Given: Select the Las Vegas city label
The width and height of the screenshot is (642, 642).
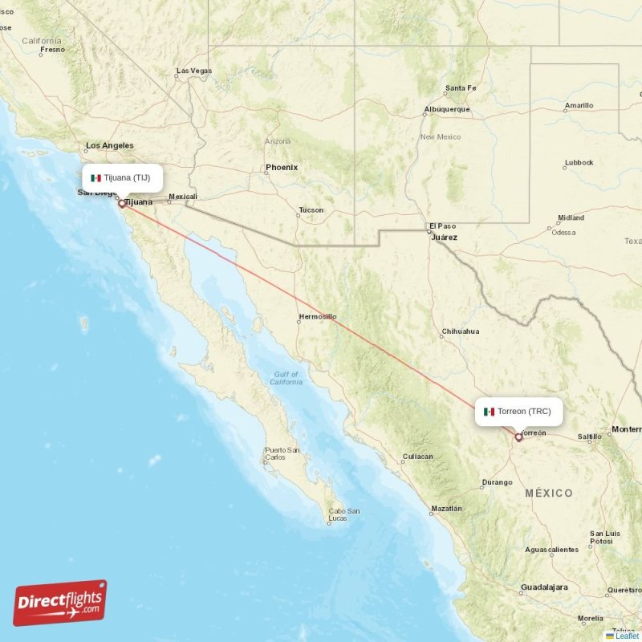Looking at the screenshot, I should coord(194,71).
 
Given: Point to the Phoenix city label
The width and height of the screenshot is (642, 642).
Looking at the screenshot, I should coord(282,168).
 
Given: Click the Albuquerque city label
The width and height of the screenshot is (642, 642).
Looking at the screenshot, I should coord(447,109).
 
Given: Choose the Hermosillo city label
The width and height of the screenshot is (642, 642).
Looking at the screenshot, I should coord(317,317).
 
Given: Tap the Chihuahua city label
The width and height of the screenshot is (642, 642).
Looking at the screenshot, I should coord(460,331).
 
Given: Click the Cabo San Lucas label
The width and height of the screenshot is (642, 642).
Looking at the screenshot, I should coord(343,515).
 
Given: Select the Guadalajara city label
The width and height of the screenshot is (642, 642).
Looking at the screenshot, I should coord(543,587).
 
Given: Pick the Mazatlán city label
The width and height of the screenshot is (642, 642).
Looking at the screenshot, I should coord(445,509).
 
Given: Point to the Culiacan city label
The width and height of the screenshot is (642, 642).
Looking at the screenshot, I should coord(417,457).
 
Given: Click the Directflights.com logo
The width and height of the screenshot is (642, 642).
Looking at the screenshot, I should coord(60,603).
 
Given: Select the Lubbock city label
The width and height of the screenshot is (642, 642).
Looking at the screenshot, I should coord(579,162).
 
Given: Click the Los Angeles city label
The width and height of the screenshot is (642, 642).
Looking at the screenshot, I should coord(110,146).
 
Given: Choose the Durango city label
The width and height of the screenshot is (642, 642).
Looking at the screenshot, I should coord(497,482).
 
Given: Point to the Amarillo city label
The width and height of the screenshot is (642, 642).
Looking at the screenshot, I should coord(579,105).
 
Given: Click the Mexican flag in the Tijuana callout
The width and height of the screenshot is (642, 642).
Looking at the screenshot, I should coord(96,178).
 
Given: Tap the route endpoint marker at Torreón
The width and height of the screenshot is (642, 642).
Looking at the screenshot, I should coord(518,437).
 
